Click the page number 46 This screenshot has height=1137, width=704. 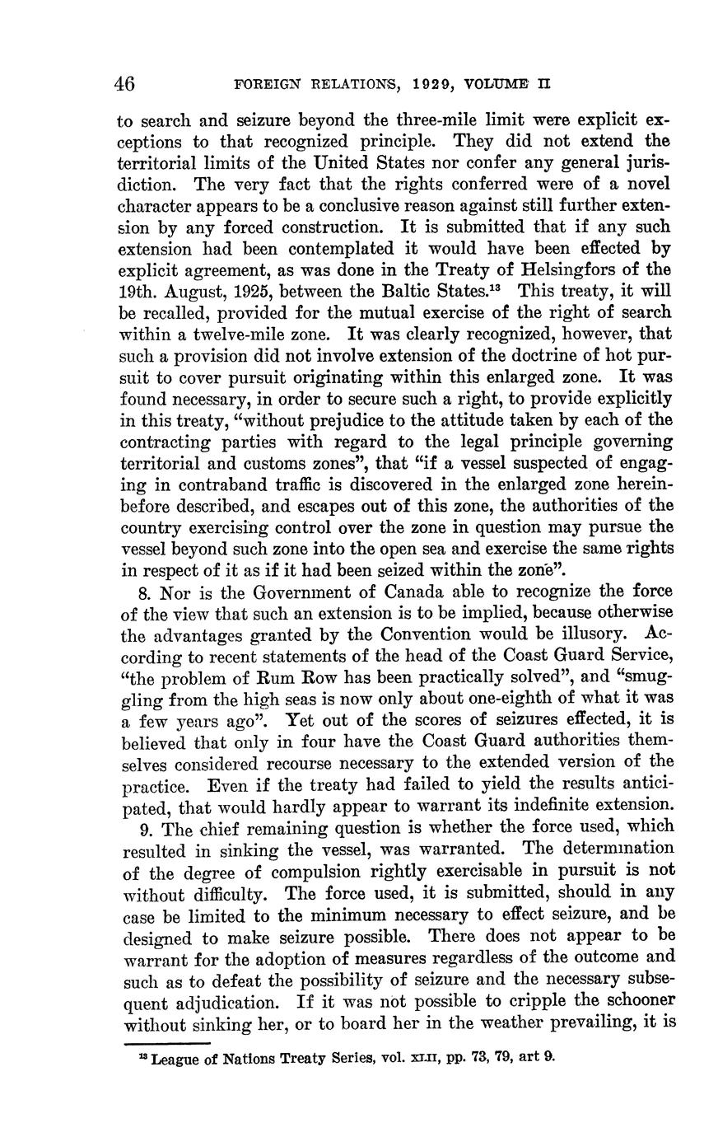pyautogui.click(x=125, y=83)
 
